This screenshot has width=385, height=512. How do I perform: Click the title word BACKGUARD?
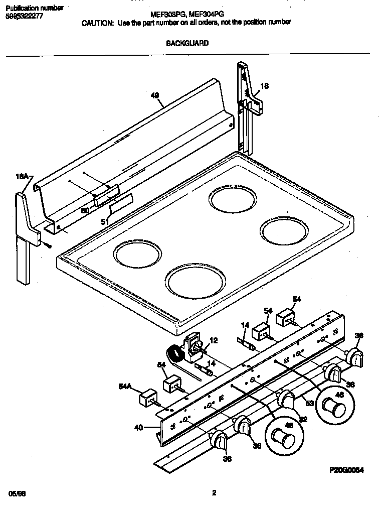pos(187,43)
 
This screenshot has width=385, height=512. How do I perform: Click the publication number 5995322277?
pos(24,16)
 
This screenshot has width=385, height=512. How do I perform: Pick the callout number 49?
pos(155,95)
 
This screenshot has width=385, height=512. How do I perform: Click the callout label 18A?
pos(23,176)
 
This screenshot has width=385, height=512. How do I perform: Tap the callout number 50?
pos(85,211)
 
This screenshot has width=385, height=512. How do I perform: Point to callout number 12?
pos(214,340)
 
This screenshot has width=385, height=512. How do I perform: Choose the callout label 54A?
pos(125,386)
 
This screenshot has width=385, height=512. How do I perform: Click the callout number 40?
pos(138,428)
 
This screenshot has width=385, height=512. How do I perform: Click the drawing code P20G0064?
pos(346,470)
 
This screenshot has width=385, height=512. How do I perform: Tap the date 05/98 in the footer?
pos(17,494)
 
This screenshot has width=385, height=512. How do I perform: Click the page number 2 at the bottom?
pos(214,493)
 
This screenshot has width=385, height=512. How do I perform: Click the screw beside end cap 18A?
pos(49,245)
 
